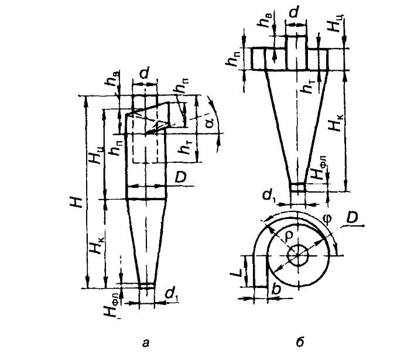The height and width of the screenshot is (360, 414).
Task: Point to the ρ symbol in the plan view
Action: point(290,231)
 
